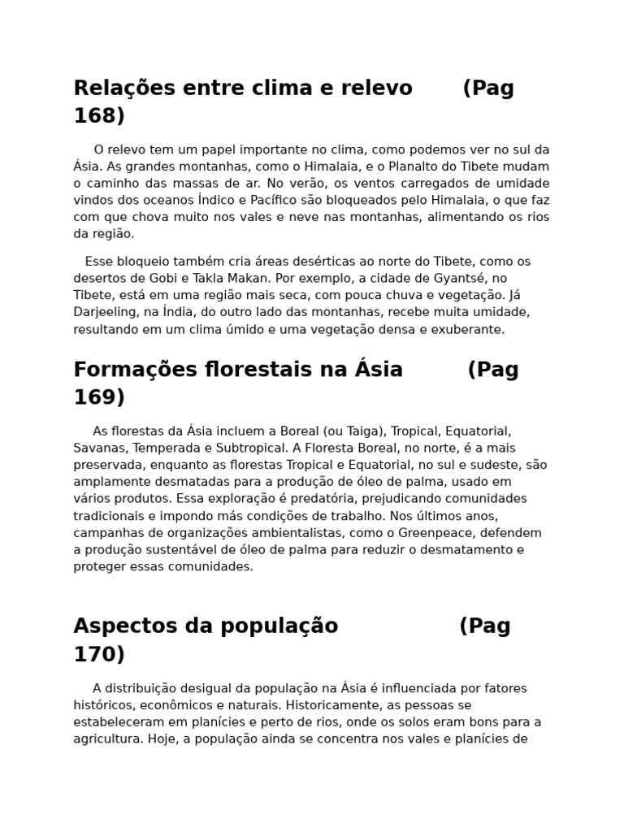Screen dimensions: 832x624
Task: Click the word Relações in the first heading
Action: point(121,88)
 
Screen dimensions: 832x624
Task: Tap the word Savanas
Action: point(99,448)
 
